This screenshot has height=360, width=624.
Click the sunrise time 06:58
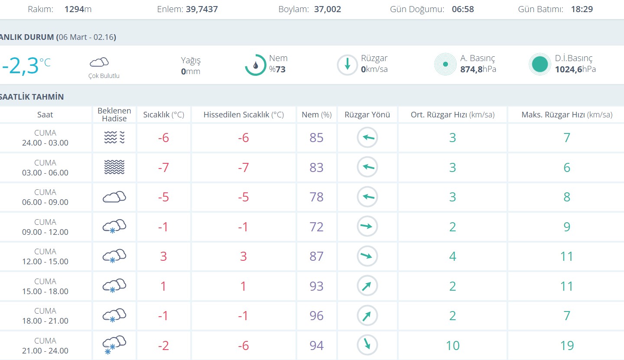coord(463,9)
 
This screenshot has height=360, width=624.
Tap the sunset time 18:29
coord(582,9)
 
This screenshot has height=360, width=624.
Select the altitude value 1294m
coord(78,9)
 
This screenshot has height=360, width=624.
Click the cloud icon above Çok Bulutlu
coord(99,62)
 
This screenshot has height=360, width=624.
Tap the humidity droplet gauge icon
coord(256,65)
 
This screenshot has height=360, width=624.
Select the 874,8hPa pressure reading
coord(478,69)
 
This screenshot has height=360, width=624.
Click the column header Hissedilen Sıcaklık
coord(244,115)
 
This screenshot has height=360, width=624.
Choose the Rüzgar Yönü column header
coord(367,115)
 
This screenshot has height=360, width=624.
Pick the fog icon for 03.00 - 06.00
coord(114,167)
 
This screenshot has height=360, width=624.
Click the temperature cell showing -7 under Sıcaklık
coord(163,167)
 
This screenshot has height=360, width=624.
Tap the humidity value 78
coord(317,197)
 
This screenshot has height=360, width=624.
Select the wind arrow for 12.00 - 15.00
coord(367,256)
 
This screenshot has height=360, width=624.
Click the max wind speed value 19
coord(567,345)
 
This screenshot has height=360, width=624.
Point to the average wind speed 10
coord(452,345)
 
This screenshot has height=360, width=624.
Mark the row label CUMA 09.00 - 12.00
coord(45,227)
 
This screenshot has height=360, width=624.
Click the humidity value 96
coord(317,316)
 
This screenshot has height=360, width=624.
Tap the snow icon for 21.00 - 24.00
coord(114,345)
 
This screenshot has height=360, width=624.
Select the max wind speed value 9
coord(567,227)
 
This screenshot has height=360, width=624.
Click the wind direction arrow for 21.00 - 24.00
coord(367,345)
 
